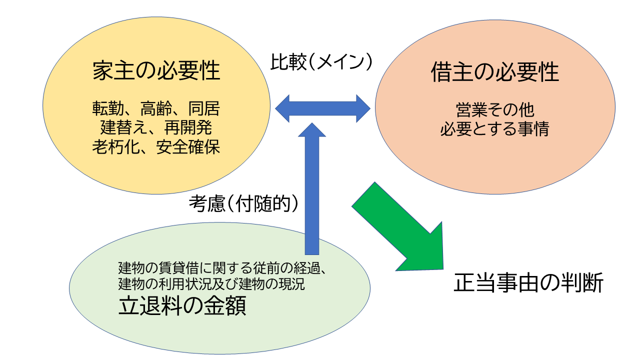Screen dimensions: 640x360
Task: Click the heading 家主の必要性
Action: [x=156, y=70]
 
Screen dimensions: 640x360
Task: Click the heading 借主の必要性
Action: [x=495, y=72]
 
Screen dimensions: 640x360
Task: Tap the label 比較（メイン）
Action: [x=321, y=61]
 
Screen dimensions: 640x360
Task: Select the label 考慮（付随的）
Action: [x=243, y=203]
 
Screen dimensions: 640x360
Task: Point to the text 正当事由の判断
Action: [x=528, y=282]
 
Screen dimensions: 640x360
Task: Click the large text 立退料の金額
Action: [x=182, y=305]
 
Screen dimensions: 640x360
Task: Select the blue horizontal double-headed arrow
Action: [x=322, y=108]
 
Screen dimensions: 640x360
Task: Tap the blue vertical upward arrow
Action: [x=312, y=188]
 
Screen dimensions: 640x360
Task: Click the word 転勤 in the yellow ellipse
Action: [x=108, y=108]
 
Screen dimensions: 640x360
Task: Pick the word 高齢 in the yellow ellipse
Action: [x=156, y=108]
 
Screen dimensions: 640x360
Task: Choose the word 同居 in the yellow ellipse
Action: [x=204, y=108]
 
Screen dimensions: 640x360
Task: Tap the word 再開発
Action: [x=188, y=127]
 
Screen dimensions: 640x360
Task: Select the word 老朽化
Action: [x=116, y=147]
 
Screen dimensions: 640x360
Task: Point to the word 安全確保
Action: [x=188, y=147]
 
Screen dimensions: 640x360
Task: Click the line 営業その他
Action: [x=495, y=110]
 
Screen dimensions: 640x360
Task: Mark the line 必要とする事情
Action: [x=495, y=129]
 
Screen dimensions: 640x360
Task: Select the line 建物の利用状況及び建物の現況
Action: [x=211, y=283]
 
